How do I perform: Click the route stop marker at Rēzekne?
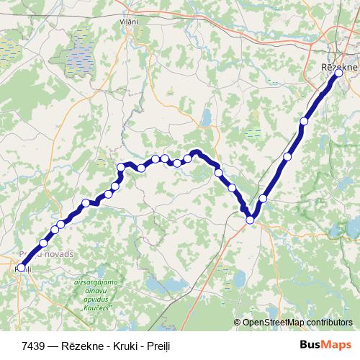click(x=338, y=73)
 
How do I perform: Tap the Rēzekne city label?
click(x=338, y=66)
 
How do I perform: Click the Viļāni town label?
click(x=129, y=22)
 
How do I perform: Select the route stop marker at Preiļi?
click(x=21, y=268)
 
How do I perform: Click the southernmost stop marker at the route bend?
click(x=250, y=220)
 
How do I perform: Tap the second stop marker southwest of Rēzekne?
click(x=288, y=156)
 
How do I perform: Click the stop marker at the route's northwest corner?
click(x=121, y=168)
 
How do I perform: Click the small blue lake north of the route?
click(x=206, y=117)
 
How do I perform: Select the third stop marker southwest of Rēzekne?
click(x=264, y=198)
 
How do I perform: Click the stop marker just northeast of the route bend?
click(x=264, y=198)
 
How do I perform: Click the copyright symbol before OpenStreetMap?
click(x=237, y=323)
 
